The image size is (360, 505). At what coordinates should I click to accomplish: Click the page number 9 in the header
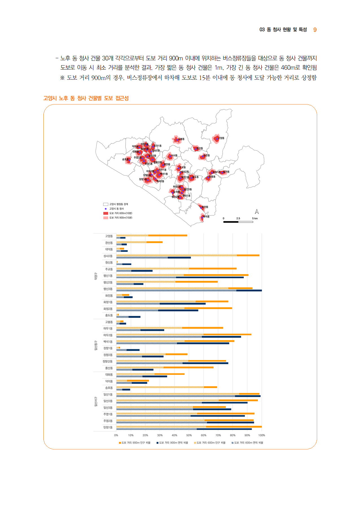pyautogui.click(x=315, y=30)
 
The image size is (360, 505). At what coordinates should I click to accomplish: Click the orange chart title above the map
pyautogui.click(x=86, y=98)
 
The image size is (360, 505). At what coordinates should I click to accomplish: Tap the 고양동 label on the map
pyautogui.click(x=221, y=138)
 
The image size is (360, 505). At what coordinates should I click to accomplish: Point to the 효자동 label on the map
pyautogui.click(x=226, y=172)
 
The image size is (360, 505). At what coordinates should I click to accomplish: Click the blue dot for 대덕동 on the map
pyautogui.click(x=202, y=218)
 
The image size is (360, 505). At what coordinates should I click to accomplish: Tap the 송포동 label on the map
pyautogui.click(x=125, y=159)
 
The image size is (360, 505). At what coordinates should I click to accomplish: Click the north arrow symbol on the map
pyautogui.click(x=257, y=212)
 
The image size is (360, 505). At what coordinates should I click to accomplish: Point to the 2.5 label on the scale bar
pyautogui.click(x=238, y=218)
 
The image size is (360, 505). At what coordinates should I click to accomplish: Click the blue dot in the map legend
pyautogui.click(x=106, y=209)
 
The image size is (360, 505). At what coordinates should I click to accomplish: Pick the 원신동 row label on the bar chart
pyautogui.click(x=109, y=263)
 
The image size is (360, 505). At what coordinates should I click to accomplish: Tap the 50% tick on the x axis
pyautogui.click(x=189, y=435)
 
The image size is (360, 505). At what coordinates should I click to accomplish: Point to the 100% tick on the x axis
pyautogui.click(x=262, y=435)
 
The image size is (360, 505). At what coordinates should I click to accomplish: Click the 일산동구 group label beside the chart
pyautogui.click(x=96, y=346)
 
